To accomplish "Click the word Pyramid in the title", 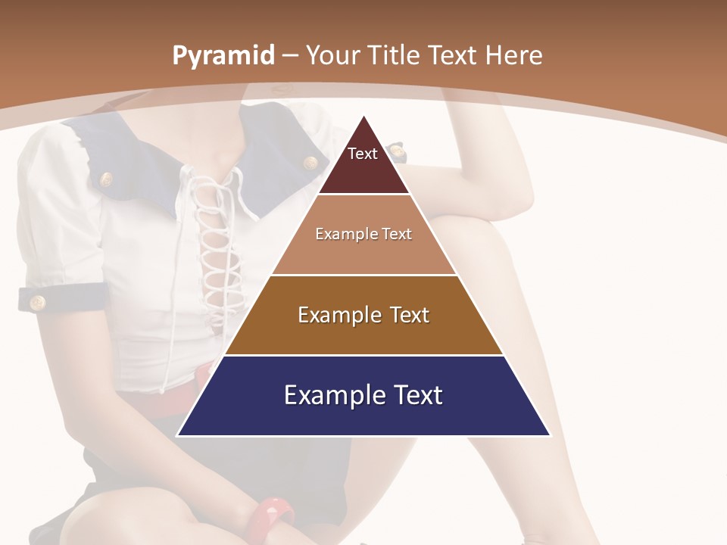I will click(223, 56).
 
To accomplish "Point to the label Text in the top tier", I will click(362, 154).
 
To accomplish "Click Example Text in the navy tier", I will click(363, 395).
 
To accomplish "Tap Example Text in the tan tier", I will click(363, 234).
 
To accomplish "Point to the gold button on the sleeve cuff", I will click(37, 303).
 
